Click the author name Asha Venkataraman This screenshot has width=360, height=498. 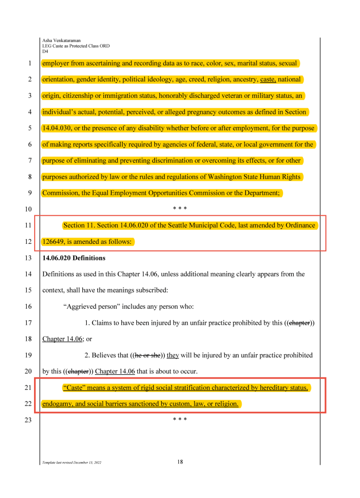click(x=62, y=40)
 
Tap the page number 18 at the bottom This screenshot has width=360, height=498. click(x=180, y=462)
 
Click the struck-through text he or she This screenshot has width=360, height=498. click(x=148, y=355)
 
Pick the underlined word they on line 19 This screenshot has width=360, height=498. click(x=173, y=355)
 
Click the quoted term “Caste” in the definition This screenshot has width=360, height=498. click(x=74, y=388)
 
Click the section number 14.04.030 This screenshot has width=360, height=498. click(x=57, y=128)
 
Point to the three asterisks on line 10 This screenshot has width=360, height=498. click(x=180, y=209)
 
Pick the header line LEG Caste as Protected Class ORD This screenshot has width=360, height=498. click(x=76, y=46)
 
